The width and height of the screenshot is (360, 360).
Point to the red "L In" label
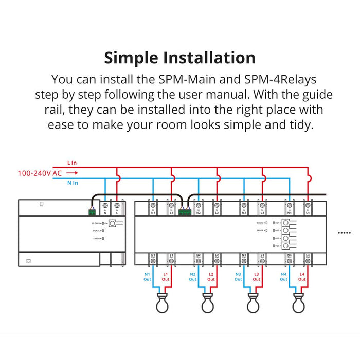point(71,163)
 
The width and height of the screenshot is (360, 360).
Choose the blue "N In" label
point(72,183)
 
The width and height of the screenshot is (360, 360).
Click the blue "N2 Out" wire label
point(192,277)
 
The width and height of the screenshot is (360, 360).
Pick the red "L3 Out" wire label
point(256,277)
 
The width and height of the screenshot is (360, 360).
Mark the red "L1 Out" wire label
point(166,277)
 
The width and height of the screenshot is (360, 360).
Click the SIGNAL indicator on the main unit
point(98,231)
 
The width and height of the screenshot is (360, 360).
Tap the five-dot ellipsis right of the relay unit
point(344,233)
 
